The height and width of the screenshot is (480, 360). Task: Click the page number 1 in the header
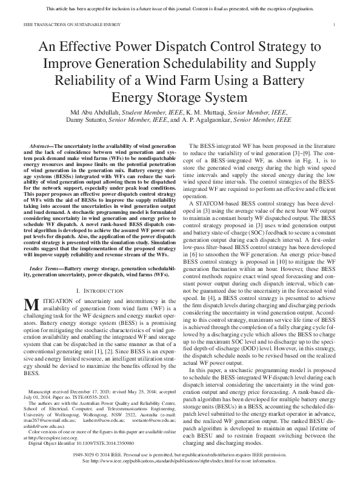point(335,25)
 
